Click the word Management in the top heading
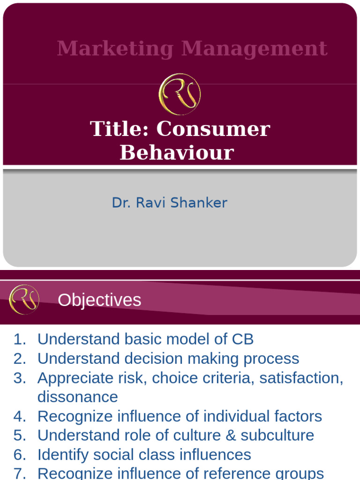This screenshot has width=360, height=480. pos(255,49)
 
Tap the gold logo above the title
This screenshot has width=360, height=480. pos(180,94)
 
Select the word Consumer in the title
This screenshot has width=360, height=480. pos(213,129)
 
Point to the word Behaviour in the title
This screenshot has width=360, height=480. pos(177,152)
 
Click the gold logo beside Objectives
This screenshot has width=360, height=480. pos(24,300)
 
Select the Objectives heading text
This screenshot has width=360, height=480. pos(99,300)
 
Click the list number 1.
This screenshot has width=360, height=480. pos(19,339)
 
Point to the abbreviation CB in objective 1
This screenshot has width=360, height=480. pos(242,339)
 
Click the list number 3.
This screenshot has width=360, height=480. pos(19,378)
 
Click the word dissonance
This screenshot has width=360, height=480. pos(78,397)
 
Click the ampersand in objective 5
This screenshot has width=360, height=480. pos(230,435)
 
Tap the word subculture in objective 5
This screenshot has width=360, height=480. pos(277,435)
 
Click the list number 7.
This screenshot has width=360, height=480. pos(19,473)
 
